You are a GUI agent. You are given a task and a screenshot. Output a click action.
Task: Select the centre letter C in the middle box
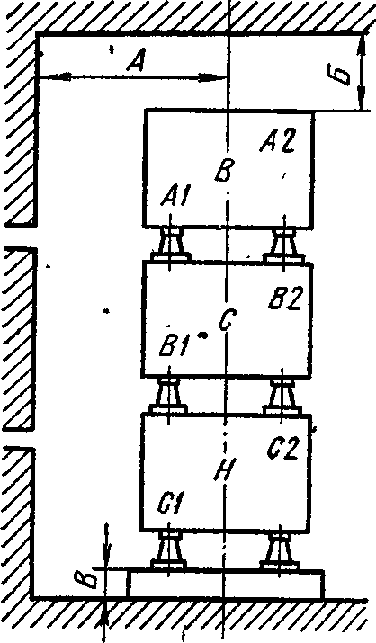tap(226, 320)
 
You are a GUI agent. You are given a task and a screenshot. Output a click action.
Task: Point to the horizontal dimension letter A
tap(137, 62)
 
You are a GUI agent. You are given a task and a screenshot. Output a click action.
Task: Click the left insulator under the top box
tap(170, 245)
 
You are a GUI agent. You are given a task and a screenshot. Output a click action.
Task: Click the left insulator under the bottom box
tap(169, 549)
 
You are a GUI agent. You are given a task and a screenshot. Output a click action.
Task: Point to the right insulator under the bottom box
tap(280, 549)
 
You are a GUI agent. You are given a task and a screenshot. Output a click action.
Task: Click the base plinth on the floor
tap(225, 584)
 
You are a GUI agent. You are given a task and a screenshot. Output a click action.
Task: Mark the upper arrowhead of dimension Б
tap(360, 44)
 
